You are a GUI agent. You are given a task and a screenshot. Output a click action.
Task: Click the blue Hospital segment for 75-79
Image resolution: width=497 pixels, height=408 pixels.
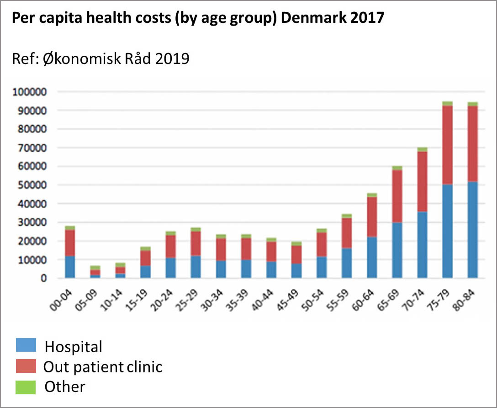coord(447,231)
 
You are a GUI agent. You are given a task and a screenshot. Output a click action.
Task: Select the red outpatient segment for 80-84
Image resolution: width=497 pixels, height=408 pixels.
coord(472,143)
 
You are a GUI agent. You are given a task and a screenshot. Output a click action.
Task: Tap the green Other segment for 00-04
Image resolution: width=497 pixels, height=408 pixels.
coord(70,228)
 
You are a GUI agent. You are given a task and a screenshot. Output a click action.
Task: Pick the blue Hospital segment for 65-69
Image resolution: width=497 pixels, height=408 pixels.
coord(397,250)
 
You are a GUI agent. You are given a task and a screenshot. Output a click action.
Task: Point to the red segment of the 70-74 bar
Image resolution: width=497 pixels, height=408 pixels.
coord(422,182)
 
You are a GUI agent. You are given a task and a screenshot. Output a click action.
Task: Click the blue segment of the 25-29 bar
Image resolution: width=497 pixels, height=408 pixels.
coord(196,267)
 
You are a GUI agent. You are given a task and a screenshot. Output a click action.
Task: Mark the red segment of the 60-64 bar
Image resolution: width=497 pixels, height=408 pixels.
coord(372,217)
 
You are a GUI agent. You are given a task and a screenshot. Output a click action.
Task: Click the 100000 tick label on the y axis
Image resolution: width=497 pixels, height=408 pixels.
coord(30,92)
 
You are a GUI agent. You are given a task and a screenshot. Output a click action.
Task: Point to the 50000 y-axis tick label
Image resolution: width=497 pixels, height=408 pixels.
coord(32,185)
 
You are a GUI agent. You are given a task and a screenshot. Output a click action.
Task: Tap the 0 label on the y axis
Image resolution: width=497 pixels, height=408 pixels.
coord(44,278)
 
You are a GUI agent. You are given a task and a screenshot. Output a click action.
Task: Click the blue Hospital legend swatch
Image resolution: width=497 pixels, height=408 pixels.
coord(26,345)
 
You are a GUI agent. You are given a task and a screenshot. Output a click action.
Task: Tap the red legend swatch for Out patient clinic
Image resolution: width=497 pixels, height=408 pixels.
coord(26,366)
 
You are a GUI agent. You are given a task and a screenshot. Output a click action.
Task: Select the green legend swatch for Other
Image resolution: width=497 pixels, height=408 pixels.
coord(26,387)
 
